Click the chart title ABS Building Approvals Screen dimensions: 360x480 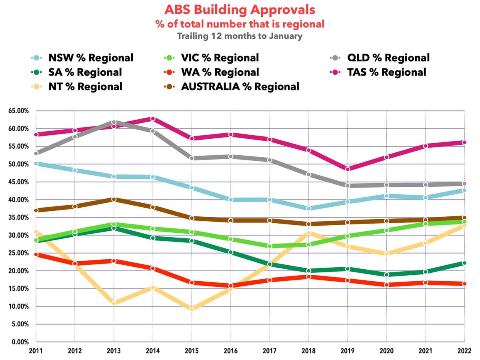pyautogui.click(x=240, y=10)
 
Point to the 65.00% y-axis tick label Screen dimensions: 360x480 pyautogui.click(x=18, y=111)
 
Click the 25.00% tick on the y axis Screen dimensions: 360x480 pyautogui.click(x=18, y=253)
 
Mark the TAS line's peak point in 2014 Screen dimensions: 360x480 pyautogui.click(x=153, y=119)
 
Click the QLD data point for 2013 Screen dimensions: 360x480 pyautogui.click(x=114, y=122)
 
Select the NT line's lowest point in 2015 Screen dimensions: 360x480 pyautogui.click(x=192, y=309)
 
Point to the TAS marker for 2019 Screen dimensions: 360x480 pyautogui.click(x=348, y=169)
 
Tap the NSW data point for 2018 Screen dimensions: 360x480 pyautogui.click(x=308, y=208)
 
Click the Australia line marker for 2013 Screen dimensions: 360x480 pyautogui.click(x=114, y=199)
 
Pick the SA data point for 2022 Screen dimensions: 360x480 pyautogui.click(x=464, y=263)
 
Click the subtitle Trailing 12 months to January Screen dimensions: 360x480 pyautogui.click(x=240, y=36)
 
